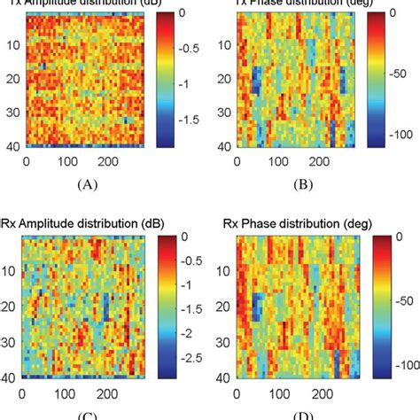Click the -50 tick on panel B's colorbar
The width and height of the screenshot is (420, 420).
[x=398, y=77]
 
